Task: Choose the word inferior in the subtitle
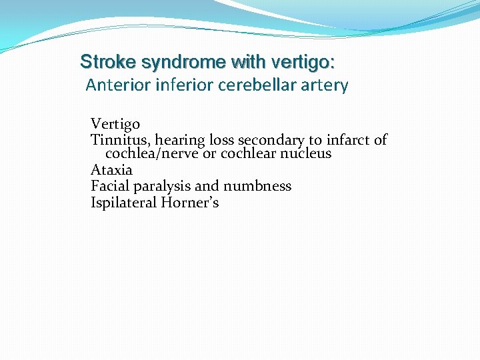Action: [175, 85]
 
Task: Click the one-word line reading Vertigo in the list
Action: [115, 125]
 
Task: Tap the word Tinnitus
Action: [120, 140]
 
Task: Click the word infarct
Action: [347, 140]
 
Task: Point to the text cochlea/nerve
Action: [151, 153]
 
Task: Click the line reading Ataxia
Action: [111, 169]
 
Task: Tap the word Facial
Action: [109, 185]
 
